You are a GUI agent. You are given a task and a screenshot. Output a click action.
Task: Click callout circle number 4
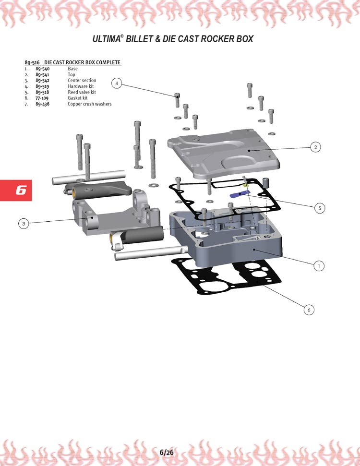point(117,83)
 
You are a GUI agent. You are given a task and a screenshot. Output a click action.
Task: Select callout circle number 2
point(315,147)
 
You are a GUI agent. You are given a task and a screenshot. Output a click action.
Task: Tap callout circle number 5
point(320,208)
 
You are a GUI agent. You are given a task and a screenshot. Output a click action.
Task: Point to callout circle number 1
point(319,266)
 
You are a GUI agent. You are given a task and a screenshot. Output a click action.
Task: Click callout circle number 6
point(309,310)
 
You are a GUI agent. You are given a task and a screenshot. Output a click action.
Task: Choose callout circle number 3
point(24,224)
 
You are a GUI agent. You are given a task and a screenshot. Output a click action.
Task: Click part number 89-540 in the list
point(43,69)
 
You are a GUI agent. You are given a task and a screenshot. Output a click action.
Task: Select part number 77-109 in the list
point(42,98)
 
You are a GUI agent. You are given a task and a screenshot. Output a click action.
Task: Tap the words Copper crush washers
point(89,104)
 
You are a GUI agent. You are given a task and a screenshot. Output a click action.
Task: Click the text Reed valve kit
point(82,92)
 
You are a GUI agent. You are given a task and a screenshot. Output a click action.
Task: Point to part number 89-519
point(42,86)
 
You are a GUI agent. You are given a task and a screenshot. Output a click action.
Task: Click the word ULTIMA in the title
point(107,39)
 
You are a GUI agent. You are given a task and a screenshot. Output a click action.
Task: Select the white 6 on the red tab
point(21,190)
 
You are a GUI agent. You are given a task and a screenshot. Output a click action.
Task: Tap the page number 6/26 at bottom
point(167,453)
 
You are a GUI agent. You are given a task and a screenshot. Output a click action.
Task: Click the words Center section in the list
point(82,81)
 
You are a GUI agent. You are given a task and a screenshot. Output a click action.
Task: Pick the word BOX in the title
point(245,39)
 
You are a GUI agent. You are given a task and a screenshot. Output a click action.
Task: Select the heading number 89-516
point(32,62)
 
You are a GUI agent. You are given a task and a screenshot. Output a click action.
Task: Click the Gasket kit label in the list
point(78,98)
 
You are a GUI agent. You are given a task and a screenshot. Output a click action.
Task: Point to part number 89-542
point(43,81)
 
